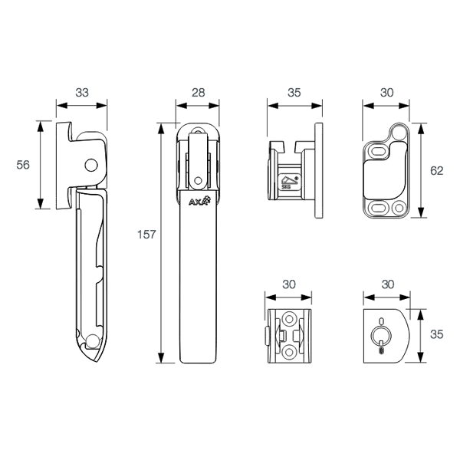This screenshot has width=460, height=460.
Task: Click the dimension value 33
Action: pyautogui.click(x=82, y=93)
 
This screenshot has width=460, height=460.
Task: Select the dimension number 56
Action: pyautogui.click(x=24, y=165)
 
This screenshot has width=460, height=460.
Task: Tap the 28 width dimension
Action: pyautogui.click(x=198, y=93)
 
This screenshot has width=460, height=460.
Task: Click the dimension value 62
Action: pyautogui.click(x=436, y=171)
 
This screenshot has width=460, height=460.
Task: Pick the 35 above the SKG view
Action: pyautogui.click(x=294, y=93)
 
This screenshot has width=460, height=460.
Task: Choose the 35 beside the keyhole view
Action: pyautogui.click(x=436, y=334)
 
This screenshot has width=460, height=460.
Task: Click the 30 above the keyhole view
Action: pyautogui.click(x=387, y=284)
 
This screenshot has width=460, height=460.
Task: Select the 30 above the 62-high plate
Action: pyautogui.click(x=387, y=93)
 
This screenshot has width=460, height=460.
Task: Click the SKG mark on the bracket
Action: pyautogui.click(x=287, y=182)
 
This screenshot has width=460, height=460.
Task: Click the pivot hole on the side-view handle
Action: pyautogui.click(x=91, y=164)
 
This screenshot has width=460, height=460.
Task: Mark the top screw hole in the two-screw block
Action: pyautogui.click(x=289, y=318)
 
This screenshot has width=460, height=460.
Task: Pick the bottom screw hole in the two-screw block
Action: pyautogui.click(x=289, y=350)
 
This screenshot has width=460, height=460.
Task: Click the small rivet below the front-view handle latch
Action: pyautogui.click(x=198, y=181)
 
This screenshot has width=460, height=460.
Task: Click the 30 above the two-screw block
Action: pyautogui.click(x=288, y=284)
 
